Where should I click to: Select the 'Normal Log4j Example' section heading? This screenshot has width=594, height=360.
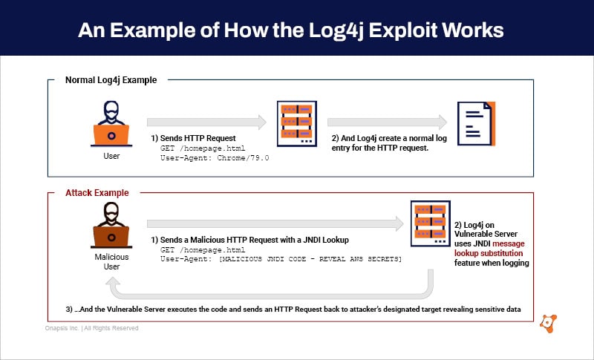point(111,80)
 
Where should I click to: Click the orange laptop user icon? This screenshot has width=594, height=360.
point(111,126)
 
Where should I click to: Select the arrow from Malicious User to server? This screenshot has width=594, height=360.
point(275,223)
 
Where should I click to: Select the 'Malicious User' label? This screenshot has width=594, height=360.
point(111,261)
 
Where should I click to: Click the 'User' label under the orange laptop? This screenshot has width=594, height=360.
point(111,156)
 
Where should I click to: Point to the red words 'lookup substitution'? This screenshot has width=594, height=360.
point(491,253)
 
